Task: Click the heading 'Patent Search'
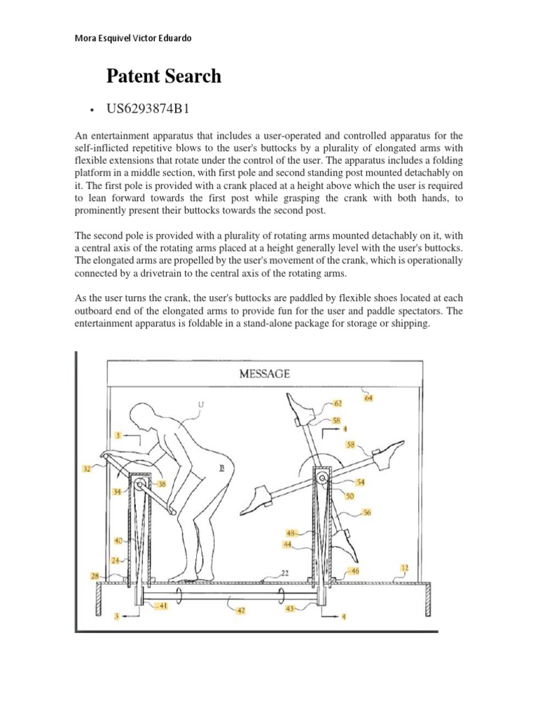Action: pos(163,76)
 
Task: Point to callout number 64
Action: pos(368,398)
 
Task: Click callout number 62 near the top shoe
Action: pos(338,403)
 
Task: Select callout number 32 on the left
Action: pos(87,470)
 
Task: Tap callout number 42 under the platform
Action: pos(240,611)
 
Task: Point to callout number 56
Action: pos(366,513)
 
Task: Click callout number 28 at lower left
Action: pos(95,575)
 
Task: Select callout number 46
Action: pos(355,571)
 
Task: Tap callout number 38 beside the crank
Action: pos(163,483)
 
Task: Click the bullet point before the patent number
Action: pos(93,111)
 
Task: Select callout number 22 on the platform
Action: pos(284,573)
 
